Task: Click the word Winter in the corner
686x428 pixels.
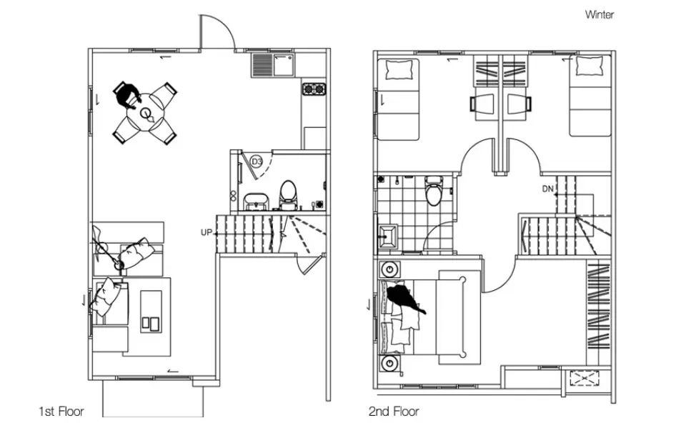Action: [600, 14]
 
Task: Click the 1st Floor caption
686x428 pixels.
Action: [61, 412]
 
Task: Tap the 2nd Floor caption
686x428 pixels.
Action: [394, 412]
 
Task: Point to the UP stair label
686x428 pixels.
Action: [206, 232]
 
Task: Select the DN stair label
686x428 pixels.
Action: [548, 189]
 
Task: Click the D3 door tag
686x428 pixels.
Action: [257, 162]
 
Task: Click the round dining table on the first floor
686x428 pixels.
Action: [145, 114]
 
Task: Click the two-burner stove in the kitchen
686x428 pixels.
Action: [314, 89]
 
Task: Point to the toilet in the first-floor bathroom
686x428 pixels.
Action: [288, 195]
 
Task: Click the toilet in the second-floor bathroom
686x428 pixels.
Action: [434, 190]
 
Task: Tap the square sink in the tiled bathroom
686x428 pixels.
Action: [387, 236]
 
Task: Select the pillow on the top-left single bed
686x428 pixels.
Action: [399, 69]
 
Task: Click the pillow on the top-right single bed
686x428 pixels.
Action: [590, 66]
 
